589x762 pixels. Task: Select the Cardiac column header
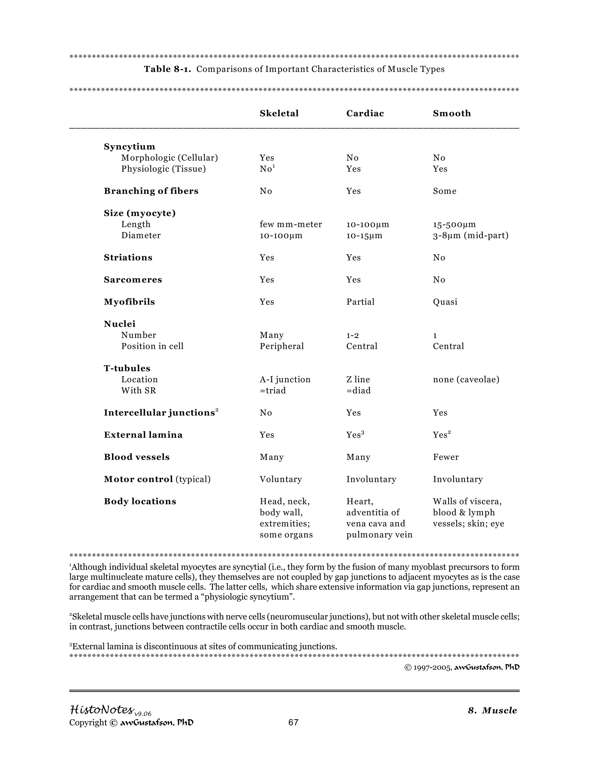coord(365,113)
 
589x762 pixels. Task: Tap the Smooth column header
coord(452,113)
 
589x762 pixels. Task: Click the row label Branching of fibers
coord(151,191)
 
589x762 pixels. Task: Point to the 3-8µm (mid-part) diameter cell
coord(470,236)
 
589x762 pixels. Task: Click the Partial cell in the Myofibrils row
coord(360,302)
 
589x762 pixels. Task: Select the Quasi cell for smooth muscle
coord(445,302)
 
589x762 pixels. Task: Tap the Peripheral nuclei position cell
coord(281,346)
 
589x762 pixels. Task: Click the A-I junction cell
coord(285,379)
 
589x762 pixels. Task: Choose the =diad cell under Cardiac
coord(358,390)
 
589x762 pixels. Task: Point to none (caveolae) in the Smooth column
coord(466,379)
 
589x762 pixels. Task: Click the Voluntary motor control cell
coord(280,479)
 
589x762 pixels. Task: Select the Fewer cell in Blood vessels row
coord(445,457)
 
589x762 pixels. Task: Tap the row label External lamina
coord(143,435)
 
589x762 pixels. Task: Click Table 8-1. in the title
coord(167,69)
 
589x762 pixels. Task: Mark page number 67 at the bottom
coord(293,722)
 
